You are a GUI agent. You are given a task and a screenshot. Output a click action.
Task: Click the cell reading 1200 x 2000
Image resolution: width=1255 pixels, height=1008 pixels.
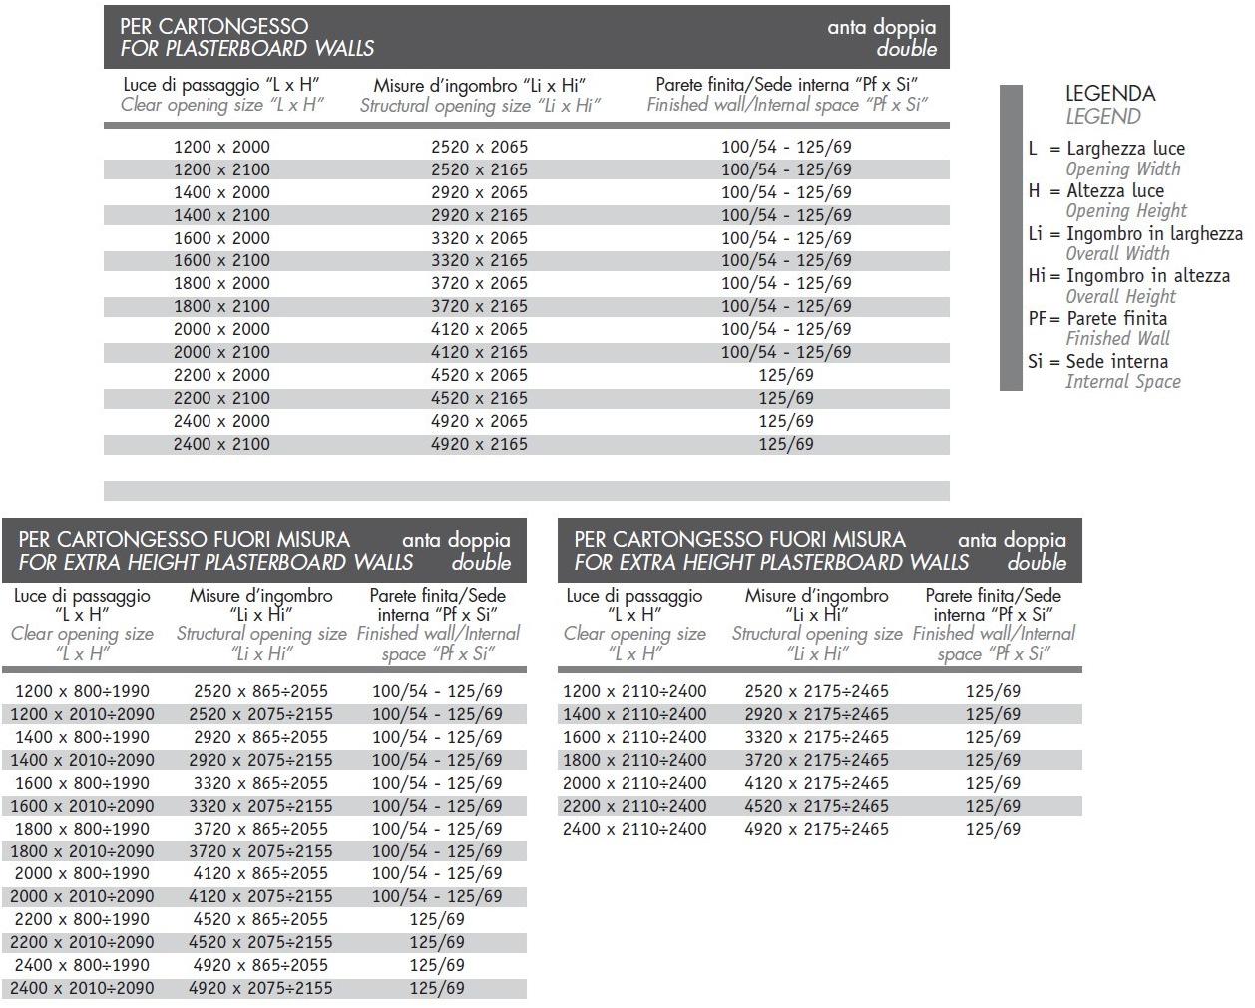click(221, 147)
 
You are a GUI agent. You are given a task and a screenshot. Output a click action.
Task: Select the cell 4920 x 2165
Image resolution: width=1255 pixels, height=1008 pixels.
click(479, 444)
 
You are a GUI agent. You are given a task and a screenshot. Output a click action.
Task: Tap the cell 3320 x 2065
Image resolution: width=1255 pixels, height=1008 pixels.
click(479, 238)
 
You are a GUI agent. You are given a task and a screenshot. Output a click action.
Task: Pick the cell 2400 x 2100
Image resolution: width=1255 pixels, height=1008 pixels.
click(221, 444)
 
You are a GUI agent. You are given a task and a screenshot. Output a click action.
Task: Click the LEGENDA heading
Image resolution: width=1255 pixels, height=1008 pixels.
click(1109, 94)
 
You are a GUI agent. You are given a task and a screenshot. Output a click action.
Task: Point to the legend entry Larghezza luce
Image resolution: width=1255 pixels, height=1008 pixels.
click(1125, 148)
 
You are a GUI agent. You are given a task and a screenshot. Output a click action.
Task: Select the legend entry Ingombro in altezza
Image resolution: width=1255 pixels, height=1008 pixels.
click(1147, 275)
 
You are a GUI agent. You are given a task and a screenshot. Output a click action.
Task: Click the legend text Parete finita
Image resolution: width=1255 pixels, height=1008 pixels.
click(1116, 318)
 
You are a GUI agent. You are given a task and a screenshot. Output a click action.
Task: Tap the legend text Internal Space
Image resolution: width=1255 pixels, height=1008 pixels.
click(1122, 381)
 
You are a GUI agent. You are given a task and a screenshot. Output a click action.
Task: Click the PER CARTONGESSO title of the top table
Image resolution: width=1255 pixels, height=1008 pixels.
click(213, 26)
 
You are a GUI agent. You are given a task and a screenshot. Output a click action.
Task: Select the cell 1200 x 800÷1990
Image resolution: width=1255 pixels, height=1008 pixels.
click(83, 691)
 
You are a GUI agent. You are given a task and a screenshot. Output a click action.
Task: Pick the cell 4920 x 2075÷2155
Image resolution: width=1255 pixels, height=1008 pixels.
click(260, 988)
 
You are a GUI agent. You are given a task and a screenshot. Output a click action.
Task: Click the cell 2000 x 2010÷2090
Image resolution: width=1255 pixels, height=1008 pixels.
click(83, 896)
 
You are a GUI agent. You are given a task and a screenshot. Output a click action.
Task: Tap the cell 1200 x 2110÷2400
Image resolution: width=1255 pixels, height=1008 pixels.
click(634, 691)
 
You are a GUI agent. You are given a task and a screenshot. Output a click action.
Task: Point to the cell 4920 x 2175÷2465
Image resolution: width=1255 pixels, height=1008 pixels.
click(816, 829)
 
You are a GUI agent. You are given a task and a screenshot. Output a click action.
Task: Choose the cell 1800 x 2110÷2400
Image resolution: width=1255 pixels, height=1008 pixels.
click(634, 760)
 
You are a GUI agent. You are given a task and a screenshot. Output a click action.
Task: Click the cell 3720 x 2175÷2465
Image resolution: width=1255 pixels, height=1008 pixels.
click(816, 760)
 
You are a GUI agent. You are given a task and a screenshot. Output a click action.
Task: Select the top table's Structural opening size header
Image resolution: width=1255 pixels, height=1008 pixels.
click(479, 106)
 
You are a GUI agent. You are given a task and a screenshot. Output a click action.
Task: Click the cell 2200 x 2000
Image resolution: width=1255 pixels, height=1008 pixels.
click(221, 375)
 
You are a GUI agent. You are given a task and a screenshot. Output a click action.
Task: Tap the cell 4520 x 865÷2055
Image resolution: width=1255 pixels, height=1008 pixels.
click(260, 919)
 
